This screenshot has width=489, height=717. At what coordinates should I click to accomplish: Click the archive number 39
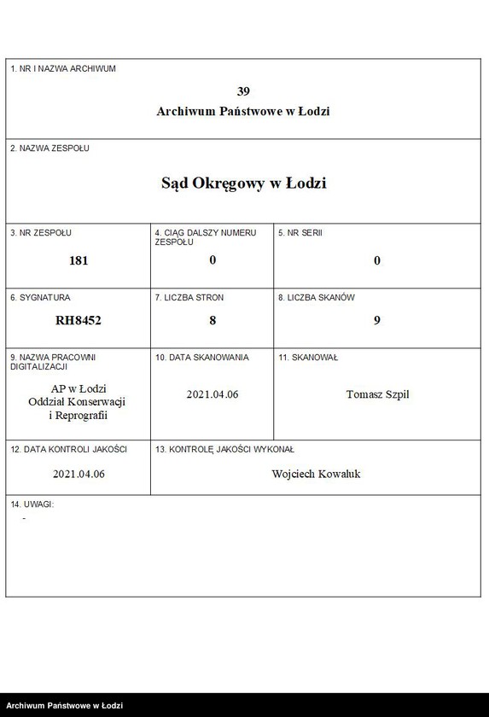coord(243,91)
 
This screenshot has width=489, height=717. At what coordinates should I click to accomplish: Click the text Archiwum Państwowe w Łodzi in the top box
coord(243,111)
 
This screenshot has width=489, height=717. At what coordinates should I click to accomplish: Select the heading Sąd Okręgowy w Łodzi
coord(243,184)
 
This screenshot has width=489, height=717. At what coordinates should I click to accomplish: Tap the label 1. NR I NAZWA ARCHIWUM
coord(62,68)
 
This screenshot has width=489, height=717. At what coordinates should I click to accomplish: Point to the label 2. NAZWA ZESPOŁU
coord(49,148)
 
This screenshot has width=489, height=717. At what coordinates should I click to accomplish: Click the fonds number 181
coord(79,260)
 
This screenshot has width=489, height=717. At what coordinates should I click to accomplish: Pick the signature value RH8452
coord(79,321)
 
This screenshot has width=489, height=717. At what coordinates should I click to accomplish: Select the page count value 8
coord(212,321)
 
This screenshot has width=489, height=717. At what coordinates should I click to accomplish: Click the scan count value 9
coord(376,321)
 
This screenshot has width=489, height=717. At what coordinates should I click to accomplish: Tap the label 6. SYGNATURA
coord(40,298)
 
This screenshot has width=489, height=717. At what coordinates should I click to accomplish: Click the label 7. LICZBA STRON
coord(189,298)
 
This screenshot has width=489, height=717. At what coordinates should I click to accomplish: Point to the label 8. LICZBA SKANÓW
coord(317,298)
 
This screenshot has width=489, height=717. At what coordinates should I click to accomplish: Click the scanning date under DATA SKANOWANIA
coord(212,394)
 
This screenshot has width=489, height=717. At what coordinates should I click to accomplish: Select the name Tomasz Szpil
coord(377,394)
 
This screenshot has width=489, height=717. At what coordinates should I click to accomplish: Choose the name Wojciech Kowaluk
coord(316,474)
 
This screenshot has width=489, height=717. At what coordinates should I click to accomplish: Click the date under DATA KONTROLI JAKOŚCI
coord(79,474)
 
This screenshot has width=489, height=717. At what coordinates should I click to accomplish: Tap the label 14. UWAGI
coord(32,504)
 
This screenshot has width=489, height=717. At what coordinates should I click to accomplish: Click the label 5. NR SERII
coord(300,232)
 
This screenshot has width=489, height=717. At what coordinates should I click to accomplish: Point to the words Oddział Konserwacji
coord(78,402)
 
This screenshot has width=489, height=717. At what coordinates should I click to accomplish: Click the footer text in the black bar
coord(65,706)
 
